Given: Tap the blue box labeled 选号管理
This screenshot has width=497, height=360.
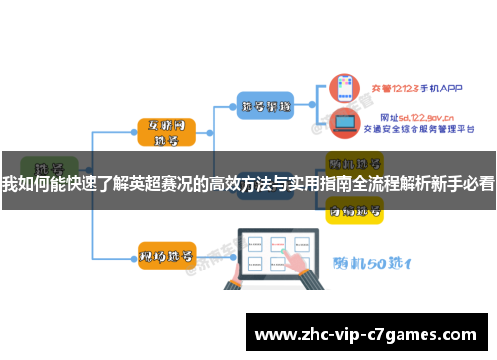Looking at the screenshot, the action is pos(265,105).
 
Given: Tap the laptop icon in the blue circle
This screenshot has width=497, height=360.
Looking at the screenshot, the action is pos(346,123).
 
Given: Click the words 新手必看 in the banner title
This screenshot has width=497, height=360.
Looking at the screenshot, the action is pos(463,183).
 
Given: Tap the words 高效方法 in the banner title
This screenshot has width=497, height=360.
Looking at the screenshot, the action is pos(242,183).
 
